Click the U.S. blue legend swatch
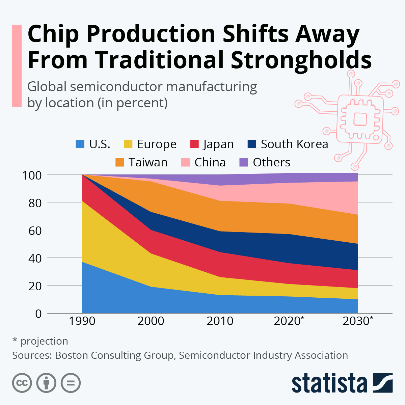(80, 144)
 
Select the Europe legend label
(157, 144)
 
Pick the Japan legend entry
(218, 144)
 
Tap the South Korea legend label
(294, 144)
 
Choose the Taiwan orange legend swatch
(120, 162)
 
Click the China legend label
(210, 162)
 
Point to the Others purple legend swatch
(244, 162)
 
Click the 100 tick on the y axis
(32, 175)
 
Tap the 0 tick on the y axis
(38, 314)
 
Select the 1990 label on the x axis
(82, 321)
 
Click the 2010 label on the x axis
(220, 321)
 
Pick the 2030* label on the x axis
(358, 321)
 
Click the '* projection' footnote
(40, 341)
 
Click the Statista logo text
(329, 383)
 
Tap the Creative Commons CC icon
(22, 383)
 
